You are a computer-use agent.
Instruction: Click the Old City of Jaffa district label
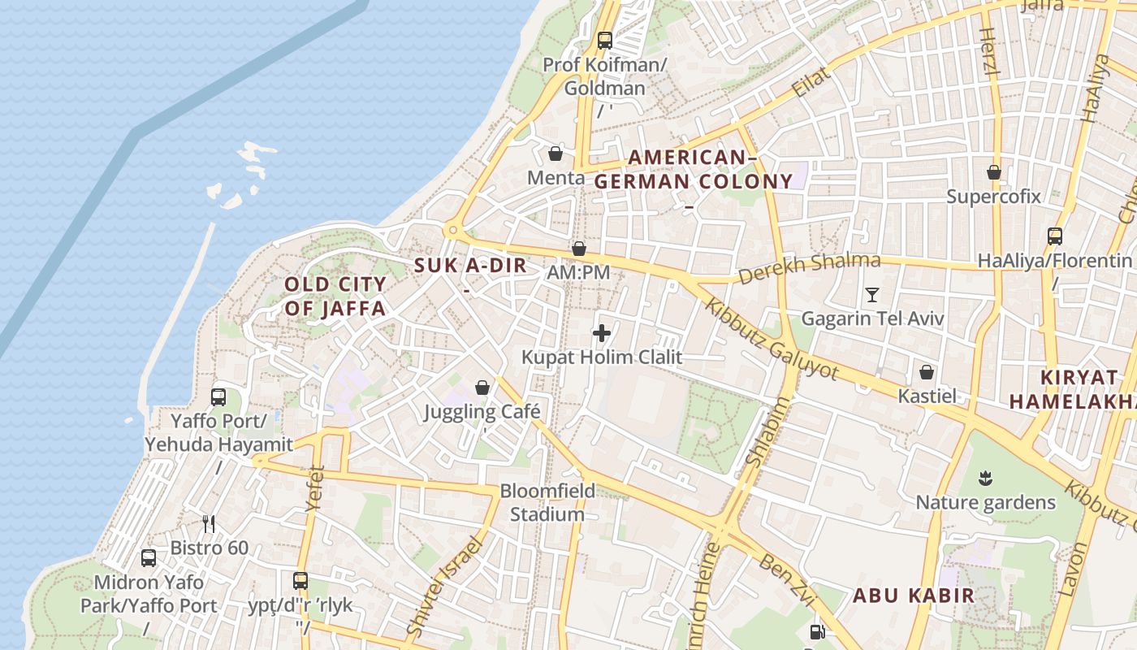point(335,297)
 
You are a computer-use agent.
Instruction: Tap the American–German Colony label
point(693,170)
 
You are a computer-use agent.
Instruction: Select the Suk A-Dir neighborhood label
point(470,266)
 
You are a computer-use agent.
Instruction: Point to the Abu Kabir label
point(913,596)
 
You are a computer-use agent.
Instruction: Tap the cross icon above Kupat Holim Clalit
point(602,333)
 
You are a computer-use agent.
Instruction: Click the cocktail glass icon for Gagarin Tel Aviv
point(872,295)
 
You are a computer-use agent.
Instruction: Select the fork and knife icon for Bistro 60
point(209,524)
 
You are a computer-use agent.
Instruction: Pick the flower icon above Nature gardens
point(986,479)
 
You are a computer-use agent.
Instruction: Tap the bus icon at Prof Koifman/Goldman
point(604,40)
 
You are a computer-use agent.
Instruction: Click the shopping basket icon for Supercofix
point(993,172)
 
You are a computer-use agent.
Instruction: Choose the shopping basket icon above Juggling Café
point(482,388)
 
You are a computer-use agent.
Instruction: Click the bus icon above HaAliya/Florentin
point(1054,236)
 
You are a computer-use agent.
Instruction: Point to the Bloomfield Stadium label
point(547,503)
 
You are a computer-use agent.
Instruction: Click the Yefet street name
point(315,487)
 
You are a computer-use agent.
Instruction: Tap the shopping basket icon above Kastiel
point(927,372)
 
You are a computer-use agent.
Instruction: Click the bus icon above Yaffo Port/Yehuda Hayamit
point(218,397)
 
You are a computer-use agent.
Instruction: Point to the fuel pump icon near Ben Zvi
point(818,631)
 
